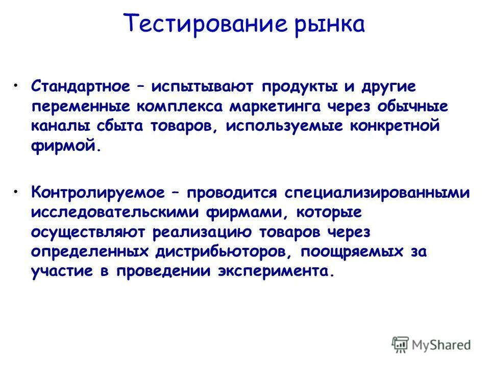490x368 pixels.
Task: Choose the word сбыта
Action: pyautogui.click(x=119, y=126)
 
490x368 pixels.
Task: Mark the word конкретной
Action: pyautogui.click(x=394, y=126)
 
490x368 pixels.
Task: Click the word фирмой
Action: pyautogui.click(x=63, y=146)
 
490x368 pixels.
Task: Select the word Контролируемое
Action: pyautogui.click(x=97, y=193)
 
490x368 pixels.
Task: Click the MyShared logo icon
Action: pyautogui.click(x=401, y=344)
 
